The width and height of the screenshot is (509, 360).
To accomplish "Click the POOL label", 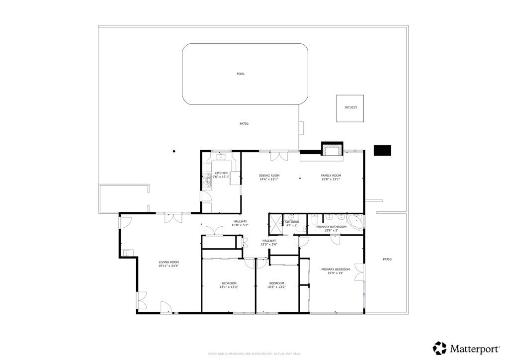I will (x=241, y=74).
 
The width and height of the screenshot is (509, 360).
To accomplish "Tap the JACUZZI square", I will (x=350, y=108).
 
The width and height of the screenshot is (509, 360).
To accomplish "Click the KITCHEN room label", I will (x=221, y=173).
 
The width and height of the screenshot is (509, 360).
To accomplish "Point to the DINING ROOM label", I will (x=269, y=176).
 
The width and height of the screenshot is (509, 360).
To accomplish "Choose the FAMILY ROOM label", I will (x=331, y=176).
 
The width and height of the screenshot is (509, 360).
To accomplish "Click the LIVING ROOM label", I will (x=169, y=262).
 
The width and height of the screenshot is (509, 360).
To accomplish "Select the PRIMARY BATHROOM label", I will (x=331, y=227).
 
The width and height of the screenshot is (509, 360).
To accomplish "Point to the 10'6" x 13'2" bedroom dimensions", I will (x=276, y=287).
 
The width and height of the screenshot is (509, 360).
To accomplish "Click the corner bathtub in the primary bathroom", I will (x=355, y=222).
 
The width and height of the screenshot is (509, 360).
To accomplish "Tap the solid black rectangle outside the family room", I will (x=382, y=150).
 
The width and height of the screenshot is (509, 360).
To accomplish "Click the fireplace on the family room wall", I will (x=332, y=149).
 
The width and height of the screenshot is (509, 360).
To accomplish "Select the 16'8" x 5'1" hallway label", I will (x=240, y=225).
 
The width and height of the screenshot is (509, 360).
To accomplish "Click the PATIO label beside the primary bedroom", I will (x=387, y=259).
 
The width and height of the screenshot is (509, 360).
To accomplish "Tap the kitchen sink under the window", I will (x=221, y=157).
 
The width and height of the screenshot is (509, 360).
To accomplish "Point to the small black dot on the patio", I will (x=174, y=151).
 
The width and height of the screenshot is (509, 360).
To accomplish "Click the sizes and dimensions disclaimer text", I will (x=254, y=354).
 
